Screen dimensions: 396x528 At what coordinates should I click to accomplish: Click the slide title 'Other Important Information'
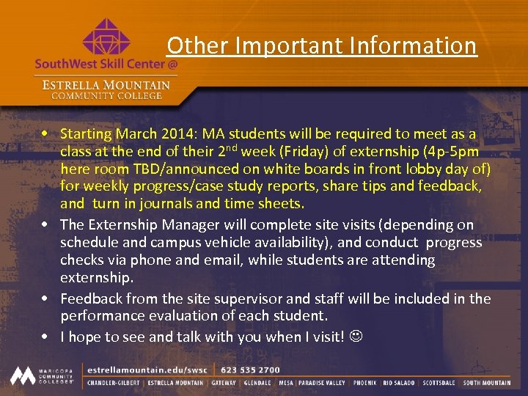pos(321,45)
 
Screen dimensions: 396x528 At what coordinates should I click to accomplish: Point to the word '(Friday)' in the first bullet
pos(281,152)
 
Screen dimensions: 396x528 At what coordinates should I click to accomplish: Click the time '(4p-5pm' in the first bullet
pos(447,152)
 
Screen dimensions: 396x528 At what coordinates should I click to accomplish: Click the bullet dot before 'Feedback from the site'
pos(45,298)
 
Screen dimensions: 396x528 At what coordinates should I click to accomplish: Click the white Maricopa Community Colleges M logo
pos(24,375)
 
